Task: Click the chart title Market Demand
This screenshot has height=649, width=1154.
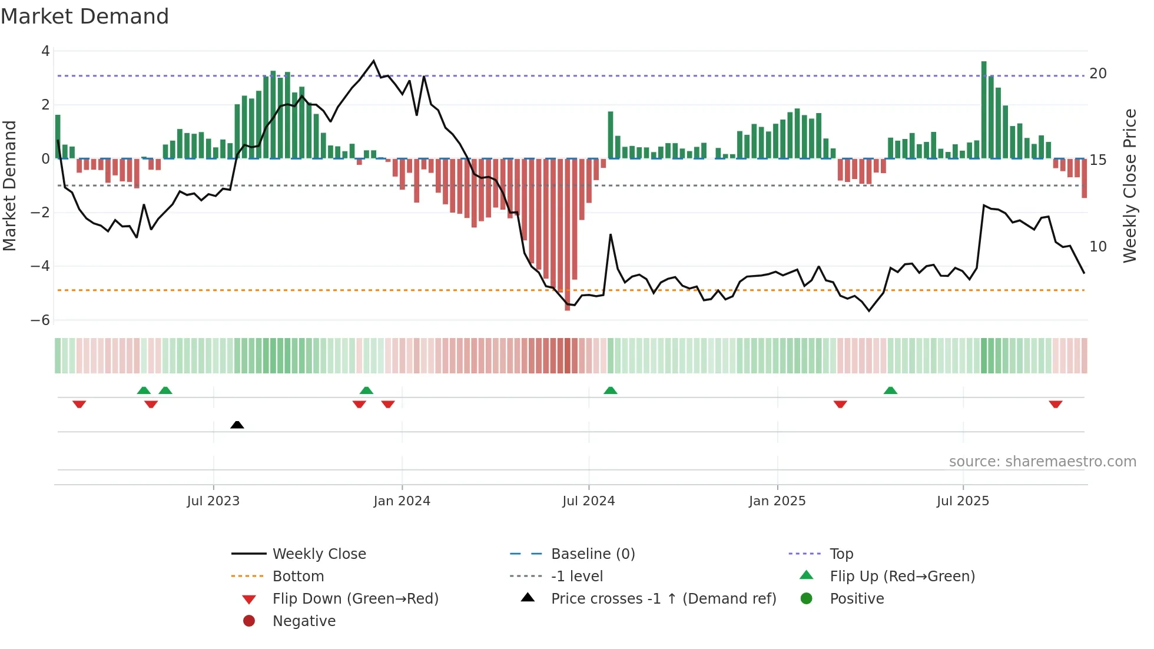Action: click(85, 16)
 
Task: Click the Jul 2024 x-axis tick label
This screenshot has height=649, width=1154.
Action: click(588, 501)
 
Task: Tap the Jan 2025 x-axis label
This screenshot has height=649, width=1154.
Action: click(777, 501)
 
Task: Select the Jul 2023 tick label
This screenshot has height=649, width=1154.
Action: click(213, 501)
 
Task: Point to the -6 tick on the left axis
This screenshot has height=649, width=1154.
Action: click(41, 320)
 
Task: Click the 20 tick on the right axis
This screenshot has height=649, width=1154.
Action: click(1097, 74)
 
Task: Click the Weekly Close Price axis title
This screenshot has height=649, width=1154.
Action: click(1129, 186)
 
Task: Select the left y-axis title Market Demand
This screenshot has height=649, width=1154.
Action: click(9, 186)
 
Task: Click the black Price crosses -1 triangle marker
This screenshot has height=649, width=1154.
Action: click(237, 425)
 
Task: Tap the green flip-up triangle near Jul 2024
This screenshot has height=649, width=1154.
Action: click(610, 390)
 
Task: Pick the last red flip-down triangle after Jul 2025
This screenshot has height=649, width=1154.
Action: click(1055, 404)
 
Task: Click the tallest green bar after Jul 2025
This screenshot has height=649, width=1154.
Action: click(984, 110)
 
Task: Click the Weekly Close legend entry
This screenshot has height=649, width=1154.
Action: click(319, 554)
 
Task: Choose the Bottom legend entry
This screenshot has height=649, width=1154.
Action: click(298, 577)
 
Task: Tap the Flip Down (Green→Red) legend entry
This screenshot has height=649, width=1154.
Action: click(355, 599)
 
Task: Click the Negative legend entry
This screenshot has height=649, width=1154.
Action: click(304, 621)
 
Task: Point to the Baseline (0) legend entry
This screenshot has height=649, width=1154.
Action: click(592, 554)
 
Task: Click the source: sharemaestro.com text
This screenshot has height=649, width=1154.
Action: click(1042, 462)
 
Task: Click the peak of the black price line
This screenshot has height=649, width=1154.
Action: click(373, 61)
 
